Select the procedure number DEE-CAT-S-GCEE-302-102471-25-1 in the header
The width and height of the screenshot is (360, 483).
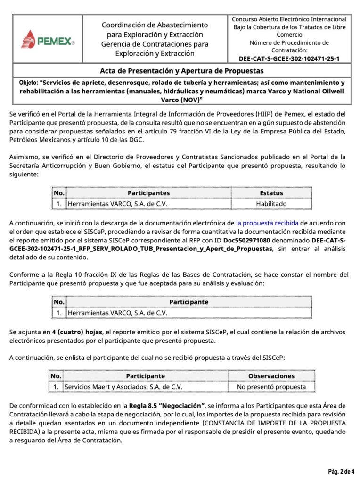pyautogui.click(x=289, y=58)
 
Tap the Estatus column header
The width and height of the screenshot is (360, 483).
pyautogui.click(x=271, y=193)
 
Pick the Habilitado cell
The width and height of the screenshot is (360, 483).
pyautogui.click(x=271, y=204)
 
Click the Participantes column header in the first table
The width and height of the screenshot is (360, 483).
pyautogui.click(x=148, y=193)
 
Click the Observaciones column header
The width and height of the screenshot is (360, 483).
pyautogui.click(x=271, y=376)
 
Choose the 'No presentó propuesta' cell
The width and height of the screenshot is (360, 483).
pyautogui.click(x=271, y=387)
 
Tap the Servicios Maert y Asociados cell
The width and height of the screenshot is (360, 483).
pyautogui.click(x=123, y=387)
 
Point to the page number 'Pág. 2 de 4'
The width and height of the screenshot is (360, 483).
pyautogui.click(x=341, y=471)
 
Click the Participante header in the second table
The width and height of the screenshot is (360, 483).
pyautogui.click(x=188, y=302)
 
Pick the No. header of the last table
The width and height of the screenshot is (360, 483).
pyautogui.click(x=56, y=376)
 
